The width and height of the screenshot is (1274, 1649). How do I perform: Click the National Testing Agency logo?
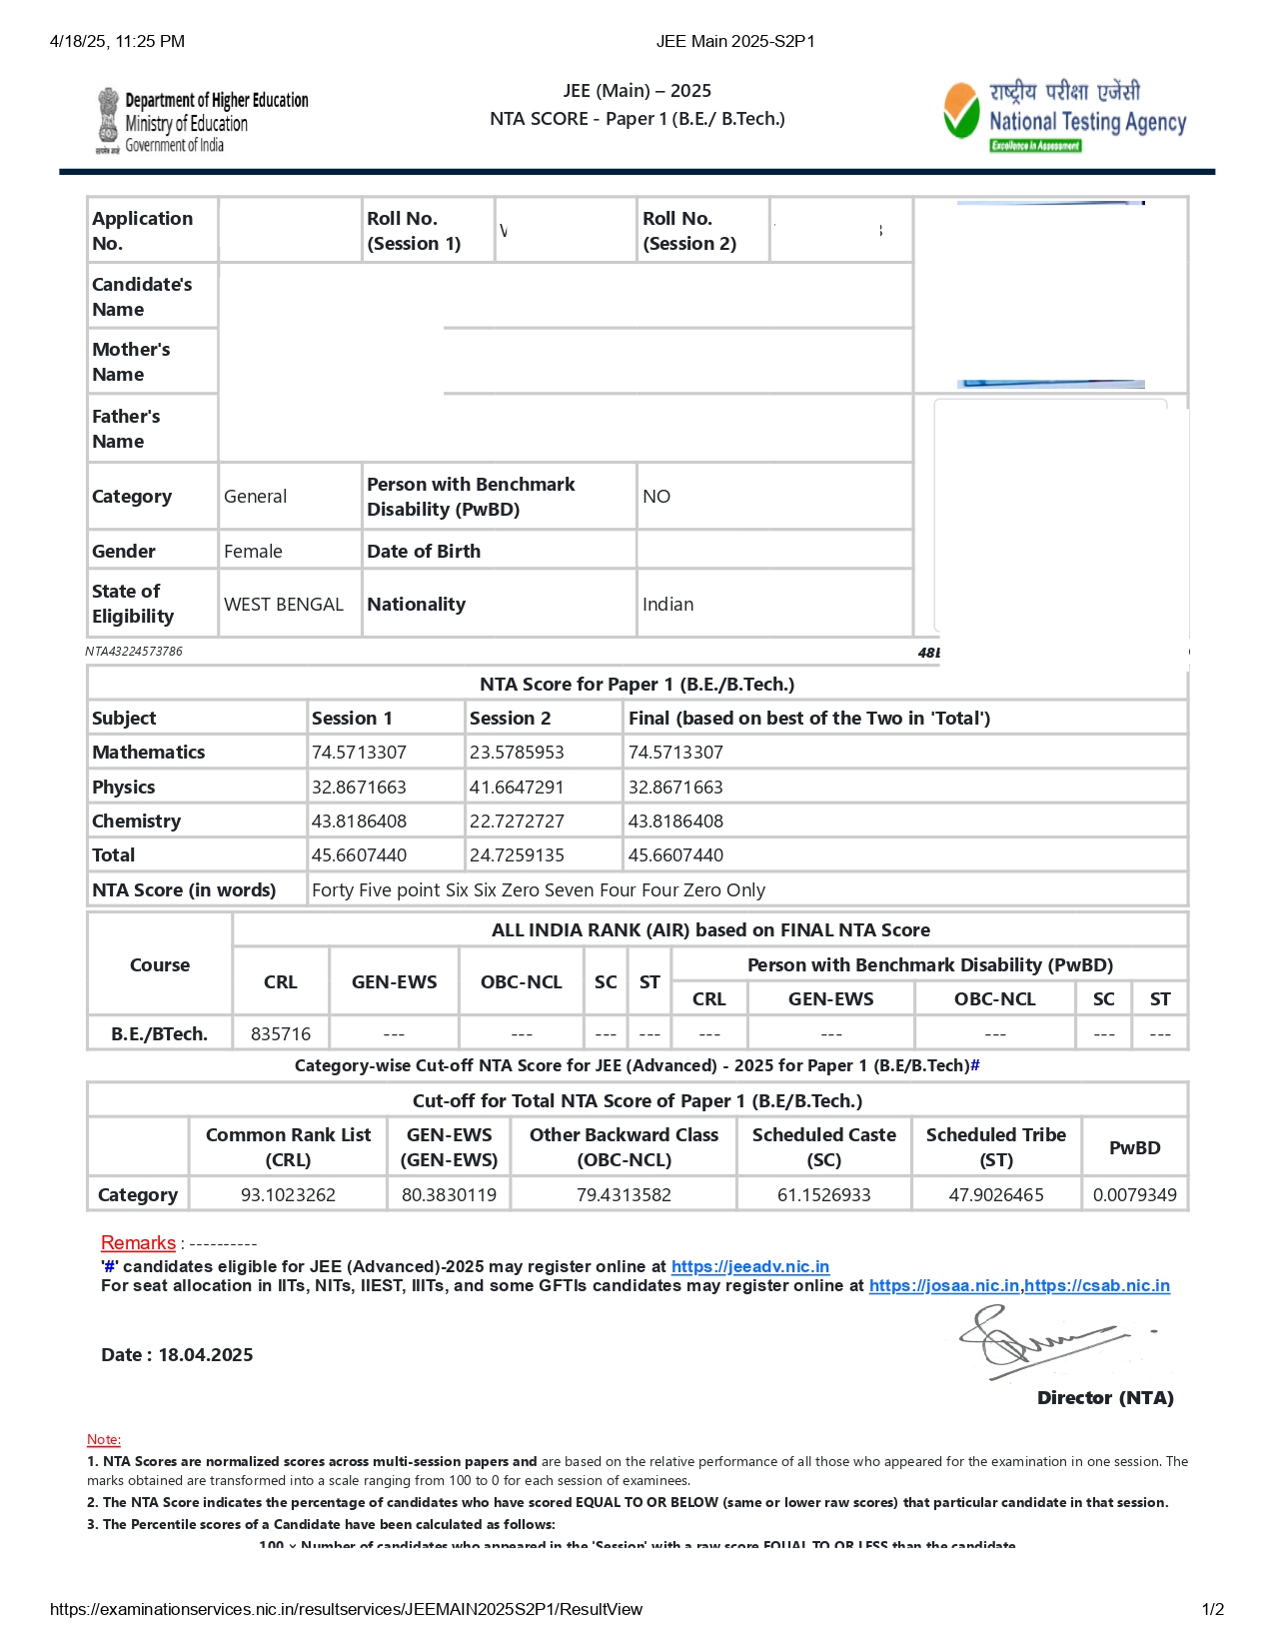pos(1064,116)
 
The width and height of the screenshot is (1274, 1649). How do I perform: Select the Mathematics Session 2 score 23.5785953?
pos(517,753)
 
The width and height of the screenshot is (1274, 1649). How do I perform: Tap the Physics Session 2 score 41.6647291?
pos(517,788)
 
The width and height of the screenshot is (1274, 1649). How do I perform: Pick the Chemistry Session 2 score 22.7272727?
pos(517,822)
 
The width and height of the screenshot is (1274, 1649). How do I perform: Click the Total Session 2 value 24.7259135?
pos(517,855)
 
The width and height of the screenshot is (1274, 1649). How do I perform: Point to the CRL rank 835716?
pos(281,1034)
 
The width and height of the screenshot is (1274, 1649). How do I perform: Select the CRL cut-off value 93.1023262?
pos(288,1195)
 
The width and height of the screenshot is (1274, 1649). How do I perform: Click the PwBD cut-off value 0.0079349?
pos(1134,1195)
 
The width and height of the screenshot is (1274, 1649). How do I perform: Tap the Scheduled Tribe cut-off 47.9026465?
pos(996,1195)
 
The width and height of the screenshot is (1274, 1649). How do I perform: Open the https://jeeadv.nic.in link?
pos(749,1267)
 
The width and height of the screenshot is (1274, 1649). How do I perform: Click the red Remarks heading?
pos(138,1243)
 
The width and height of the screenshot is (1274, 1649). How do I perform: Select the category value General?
pos(255,497)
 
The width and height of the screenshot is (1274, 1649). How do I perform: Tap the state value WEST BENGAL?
pos(284,605)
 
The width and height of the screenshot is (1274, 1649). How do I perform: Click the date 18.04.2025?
pos(206,1355)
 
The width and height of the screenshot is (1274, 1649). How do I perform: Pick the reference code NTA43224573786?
pos(134,652)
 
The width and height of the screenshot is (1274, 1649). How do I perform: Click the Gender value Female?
pos(253,552)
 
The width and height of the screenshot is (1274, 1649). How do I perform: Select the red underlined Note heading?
pos(104,1439)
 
